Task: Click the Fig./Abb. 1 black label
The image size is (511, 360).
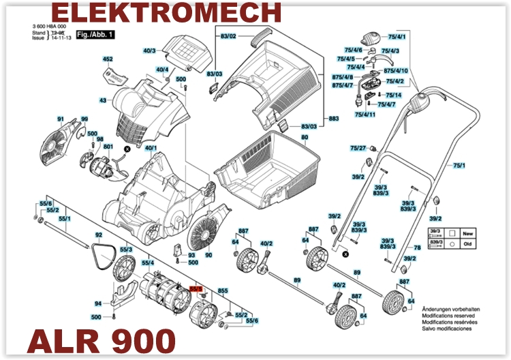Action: click(95, 34)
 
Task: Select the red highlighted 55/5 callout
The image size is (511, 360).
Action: click(196, 290)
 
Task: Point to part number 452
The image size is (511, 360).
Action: click(108, 60)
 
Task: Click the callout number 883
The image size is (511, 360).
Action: click(334, 119)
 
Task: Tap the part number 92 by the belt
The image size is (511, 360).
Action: click(98, 235)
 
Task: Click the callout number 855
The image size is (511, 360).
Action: click(222, 291)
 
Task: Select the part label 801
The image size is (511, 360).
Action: click(108, 147)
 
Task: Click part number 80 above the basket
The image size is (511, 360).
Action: click(305, 137)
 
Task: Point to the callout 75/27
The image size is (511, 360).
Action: click(358, 148)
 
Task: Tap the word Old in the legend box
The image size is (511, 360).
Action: click(467, 242)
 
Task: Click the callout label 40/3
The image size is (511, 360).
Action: click(149, 50)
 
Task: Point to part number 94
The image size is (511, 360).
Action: click(98, 304)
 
